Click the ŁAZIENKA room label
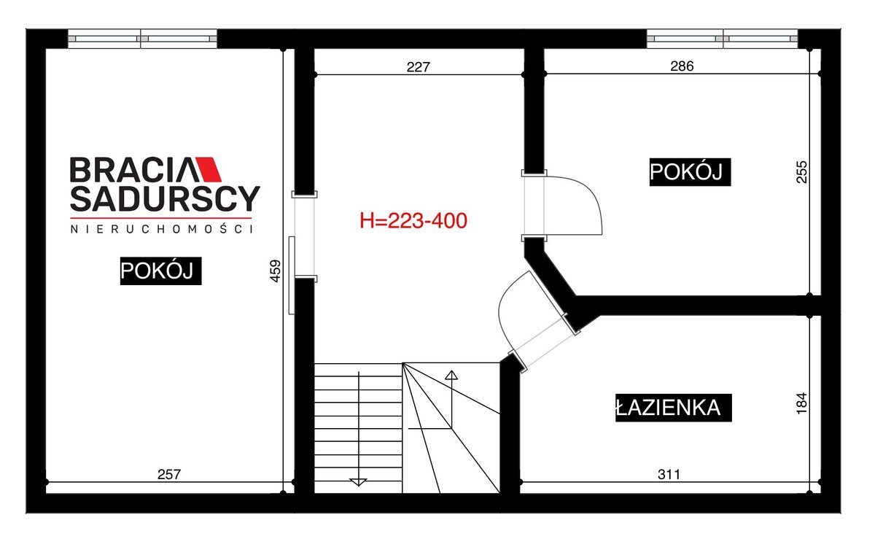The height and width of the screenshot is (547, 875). point(673,408)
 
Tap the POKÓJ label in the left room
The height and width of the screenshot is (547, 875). point(160,271)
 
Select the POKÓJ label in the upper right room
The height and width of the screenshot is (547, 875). point(690,172)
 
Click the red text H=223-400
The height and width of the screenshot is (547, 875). point(413,221)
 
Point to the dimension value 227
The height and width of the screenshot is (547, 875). point(418,67)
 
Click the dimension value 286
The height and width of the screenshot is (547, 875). point(682,66)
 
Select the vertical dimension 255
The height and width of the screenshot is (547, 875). point(801,172)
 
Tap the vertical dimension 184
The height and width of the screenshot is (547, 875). point(801,403)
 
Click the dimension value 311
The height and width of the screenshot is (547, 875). point(669,474)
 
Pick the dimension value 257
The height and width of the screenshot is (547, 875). point(169,474)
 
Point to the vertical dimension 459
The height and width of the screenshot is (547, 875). point(276,271)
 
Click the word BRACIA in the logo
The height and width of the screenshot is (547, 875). point(131,170)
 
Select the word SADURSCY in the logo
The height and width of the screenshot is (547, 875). point(165,199)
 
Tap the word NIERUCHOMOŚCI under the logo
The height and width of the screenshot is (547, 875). point(162,229)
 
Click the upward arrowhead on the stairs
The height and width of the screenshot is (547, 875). point(451,375)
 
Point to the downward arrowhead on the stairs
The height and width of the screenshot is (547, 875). point(358,482)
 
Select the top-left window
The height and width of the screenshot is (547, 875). point(143,39)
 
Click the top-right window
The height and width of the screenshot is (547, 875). point(722,39)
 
